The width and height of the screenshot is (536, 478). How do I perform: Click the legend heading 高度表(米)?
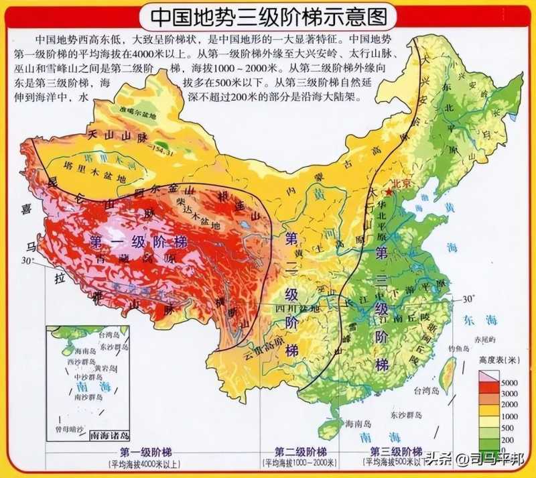click(495, 361)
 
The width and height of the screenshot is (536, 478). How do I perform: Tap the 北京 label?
click(401, 182)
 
